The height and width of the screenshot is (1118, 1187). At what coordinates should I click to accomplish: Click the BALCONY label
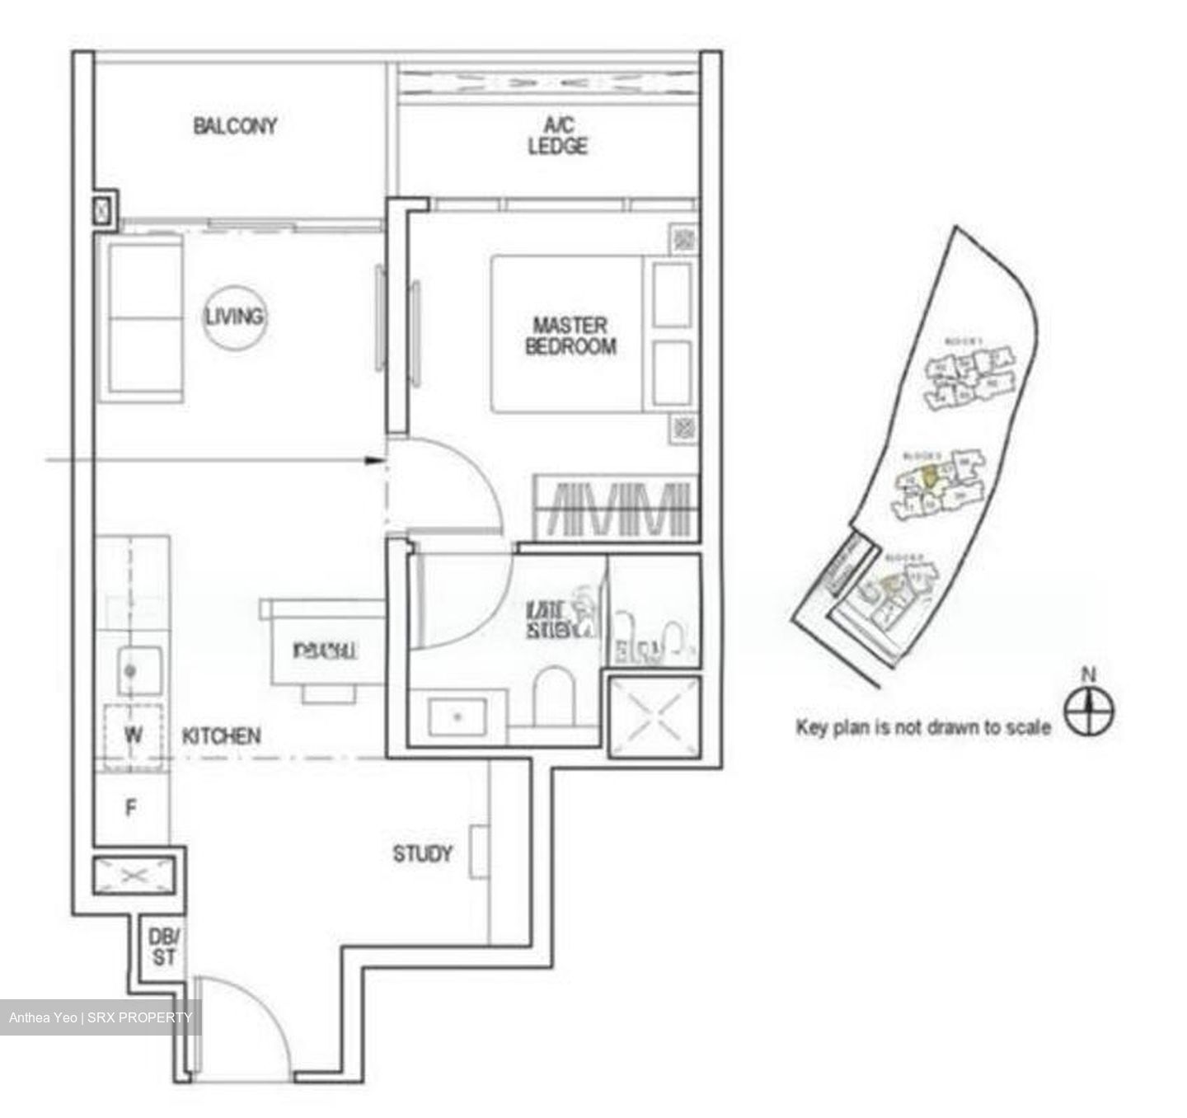[x=235, y=126]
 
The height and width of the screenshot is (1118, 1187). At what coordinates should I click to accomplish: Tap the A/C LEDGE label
[x=558, y=136]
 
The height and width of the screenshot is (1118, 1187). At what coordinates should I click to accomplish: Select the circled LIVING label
[x=235, y=317]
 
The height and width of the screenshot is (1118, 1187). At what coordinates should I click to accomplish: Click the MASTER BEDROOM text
[x=570, y=336]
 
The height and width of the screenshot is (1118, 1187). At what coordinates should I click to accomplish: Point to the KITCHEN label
[x=222, y=735]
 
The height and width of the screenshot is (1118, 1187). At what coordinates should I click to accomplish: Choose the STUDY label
[x=422, y=853]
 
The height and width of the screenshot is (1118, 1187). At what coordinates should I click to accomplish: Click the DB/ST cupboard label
[x=163, y=947]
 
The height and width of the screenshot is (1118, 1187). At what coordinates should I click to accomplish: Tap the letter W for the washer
[x=133, y=734]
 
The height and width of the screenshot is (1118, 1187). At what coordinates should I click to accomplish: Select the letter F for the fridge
[x=131, y=809]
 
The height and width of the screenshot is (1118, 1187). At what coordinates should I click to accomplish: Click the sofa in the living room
[x=141, y=317]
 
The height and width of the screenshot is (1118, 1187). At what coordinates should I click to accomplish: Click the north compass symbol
[x=1089, y=711]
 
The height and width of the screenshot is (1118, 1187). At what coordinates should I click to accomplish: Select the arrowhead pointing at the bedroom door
[x=376, y=461]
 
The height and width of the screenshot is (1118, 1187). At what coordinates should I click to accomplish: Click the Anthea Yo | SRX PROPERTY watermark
[x=100, y=1017]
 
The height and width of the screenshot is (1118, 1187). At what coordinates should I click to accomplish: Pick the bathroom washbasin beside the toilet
[x=459, y=716]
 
